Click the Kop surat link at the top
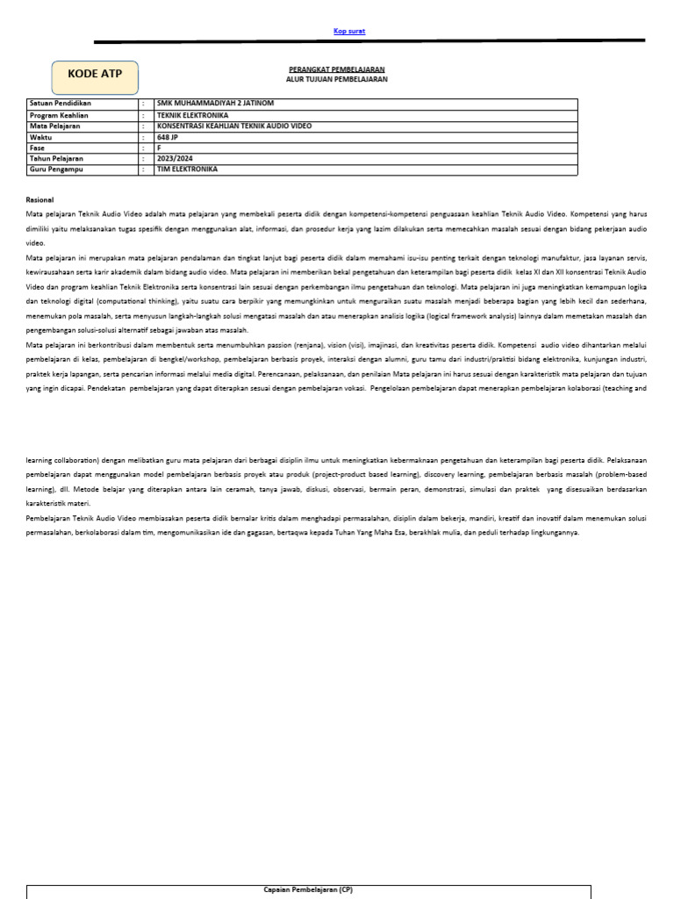click(349, 32)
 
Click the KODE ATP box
click(95, 75)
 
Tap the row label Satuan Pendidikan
click(61, 103)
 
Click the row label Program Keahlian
click(58, 115)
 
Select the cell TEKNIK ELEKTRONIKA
click(192, 115)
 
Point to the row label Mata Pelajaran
click(54, 126)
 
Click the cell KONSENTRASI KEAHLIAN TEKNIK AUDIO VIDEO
click(233, 126)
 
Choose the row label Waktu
click(40, 137)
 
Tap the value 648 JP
click(167, 137)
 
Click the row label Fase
click(37, 147)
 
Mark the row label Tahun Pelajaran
click(56, 158)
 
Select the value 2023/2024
click(171, 158)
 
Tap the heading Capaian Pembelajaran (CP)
click(308, 889)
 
